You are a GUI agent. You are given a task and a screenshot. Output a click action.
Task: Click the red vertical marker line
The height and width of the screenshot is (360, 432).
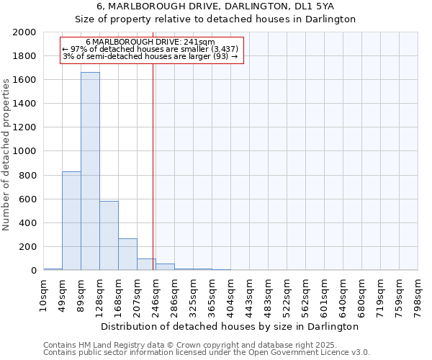coord(153,166)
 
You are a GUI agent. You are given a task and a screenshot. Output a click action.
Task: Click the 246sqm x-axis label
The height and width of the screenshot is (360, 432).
coord(156,294)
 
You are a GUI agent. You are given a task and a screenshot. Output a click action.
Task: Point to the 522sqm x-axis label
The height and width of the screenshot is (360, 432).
coord(287,294)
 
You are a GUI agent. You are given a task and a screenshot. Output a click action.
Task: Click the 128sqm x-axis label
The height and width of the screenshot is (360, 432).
coord(99,294)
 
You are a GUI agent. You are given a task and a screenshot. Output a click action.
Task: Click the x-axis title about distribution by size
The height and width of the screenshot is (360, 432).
coord(230,326)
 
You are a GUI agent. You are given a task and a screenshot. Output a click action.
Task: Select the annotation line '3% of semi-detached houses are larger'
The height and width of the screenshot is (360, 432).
coord(150,55)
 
